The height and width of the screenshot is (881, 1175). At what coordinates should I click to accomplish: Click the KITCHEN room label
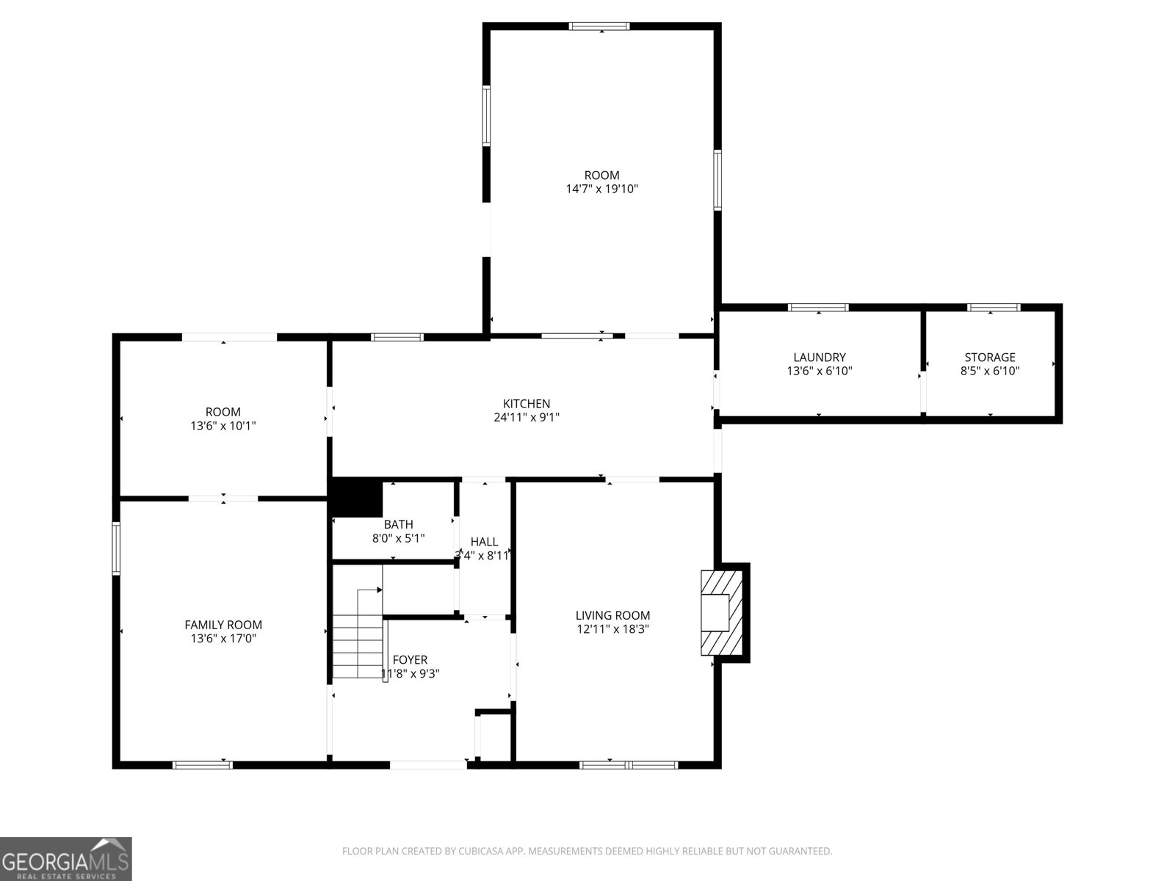point(526,404)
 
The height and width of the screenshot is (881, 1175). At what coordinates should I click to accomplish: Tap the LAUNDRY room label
point(819,358)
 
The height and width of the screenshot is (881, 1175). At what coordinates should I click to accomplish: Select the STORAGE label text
point(989,358)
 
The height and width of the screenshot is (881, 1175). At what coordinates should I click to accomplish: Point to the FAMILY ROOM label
point(223,625)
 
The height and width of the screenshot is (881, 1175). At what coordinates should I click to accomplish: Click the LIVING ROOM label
point(612,615)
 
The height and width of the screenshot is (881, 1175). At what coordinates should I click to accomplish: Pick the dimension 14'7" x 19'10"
point(601,189)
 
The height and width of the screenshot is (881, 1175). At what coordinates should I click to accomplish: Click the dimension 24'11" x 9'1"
point(526,417)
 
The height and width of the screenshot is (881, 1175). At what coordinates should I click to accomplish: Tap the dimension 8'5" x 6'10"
point(989,371)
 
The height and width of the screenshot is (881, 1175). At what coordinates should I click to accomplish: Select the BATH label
point(398,524)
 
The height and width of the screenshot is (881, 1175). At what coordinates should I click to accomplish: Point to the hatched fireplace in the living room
point(723,612)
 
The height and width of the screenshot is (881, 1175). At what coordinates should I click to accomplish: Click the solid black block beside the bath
point(358,497)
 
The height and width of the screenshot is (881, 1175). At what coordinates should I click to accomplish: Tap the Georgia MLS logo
point(65,858)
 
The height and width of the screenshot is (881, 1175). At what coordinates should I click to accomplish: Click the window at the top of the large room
point(599,26)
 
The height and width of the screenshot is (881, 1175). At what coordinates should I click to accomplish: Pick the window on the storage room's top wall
point(993,308)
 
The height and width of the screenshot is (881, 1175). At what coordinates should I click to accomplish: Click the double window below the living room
point(629,765)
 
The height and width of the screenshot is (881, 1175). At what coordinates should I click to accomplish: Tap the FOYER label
point(410,659)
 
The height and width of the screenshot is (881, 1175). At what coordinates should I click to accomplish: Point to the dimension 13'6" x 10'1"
point(223,425)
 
